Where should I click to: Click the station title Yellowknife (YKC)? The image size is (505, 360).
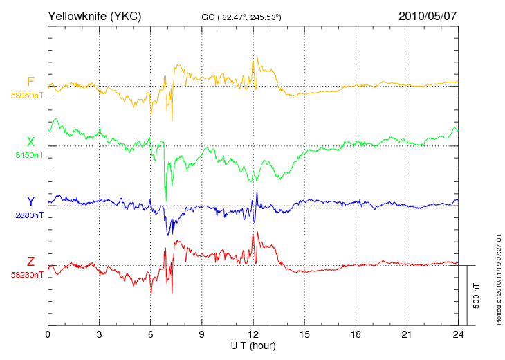coord(94,16)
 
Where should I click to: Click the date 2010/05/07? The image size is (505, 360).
coord(428,16)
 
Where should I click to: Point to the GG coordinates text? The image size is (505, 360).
coord(241,17)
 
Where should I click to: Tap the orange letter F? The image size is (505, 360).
coord(30,82)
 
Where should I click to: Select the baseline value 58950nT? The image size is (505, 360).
coord(27,96)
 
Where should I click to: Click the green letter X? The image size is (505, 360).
coord(30,141)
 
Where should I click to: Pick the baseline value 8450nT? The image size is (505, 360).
coord(29,155)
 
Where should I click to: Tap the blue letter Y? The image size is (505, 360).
coord(30,201)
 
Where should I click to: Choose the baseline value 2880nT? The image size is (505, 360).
coord(29,215)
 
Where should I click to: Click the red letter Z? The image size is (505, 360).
coord(30,261)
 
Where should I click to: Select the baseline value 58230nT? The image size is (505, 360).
coord(27,275)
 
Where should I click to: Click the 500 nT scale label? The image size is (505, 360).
coord(476,296)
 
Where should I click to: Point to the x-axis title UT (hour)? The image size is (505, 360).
coord(253,346)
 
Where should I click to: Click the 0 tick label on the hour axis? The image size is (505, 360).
coord(48,334)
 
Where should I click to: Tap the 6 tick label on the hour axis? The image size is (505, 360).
coord(150,334)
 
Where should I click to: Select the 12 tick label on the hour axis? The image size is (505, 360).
coord(253,334)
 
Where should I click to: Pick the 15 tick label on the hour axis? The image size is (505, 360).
coord(304,334)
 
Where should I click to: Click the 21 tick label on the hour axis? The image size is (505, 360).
coord(407,334)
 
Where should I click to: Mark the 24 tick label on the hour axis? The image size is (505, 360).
coord(458,334)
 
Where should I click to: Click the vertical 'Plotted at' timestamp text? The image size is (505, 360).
coord(499,279)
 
